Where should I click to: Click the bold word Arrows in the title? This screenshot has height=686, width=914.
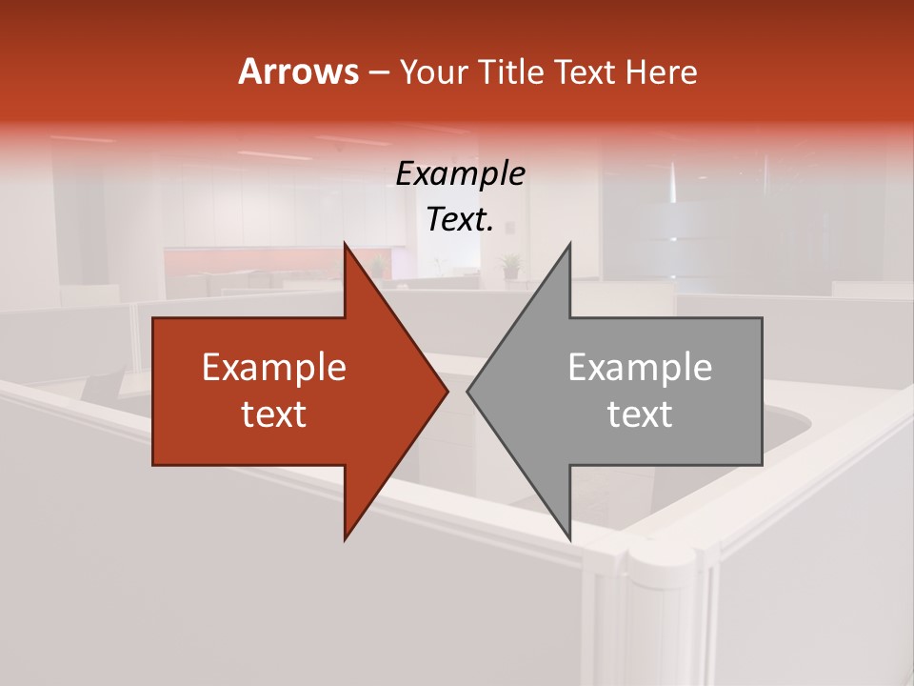tap(298, 71)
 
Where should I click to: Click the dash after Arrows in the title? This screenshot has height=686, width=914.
tap(378, 72)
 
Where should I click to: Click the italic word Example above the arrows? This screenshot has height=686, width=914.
tap(460, 173)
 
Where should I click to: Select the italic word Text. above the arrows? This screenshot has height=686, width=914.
tap(460, 219)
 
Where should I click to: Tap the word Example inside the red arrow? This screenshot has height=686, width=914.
tap(274, 368)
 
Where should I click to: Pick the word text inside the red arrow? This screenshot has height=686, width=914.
tap(274, 414)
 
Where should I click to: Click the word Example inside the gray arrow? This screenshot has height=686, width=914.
tap(640, 368)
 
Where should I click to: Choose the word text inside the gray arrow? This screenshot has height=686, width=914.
tap(640, 414)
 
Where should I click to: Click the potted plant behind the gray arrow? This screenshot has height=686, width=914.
tap(511, 264)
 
